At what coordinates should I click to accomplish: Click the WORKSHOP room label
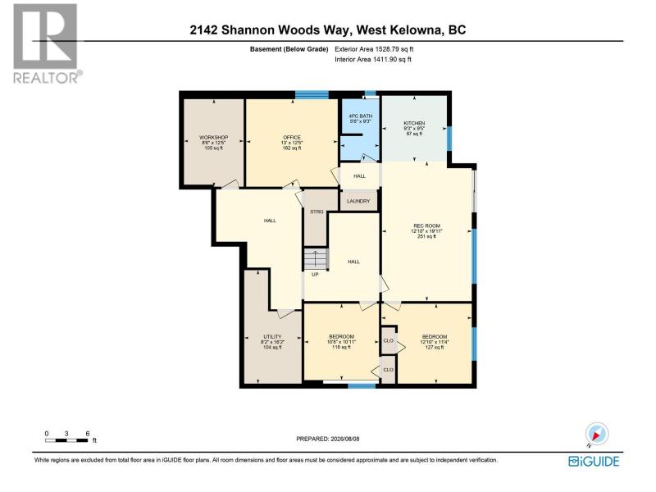pyautogui.click(x=213, y=137)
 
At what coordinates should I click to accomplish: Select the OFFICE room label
pyautogui.click(x=292, y=137)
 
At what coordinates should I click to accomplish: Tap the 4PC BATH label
pyautogui.click(x=360, y=116)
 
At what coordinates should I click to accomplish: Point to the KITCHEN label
pyautogui.click(x=414, y=123)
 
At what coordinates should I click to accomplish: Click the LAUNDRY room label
pyautogui.click(x=358, y=201)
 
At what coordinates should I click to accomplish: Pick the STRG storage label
pyautogui.click(x=317, y=212)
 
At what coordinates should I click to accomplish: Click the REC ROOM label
pyautogui.click(x=426, y=226)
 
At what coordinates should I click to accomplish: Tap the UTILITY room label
pyautogui.click(x=272, y=337)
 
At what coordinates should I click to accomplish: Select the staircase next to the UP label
pyautogui.click(x=316, y=259)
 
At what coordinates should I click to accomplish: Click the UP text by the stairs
pyautogui.click(x=315, y=275)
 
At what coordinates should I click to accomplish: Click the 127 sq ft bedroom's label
pyautogui.click(x=435, y=337)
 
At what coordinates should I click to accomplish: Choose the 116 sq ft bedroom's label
pyautogui.click(x=341, y=337)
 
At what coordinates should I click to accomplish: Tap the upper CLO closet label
pyautogui.click(x=388, y=341)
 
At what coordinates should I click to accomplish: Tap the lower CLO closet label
pyautogui.click(x=388, y=370)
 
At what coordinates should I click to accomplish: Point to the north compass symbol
pyautogui.click(x=597, y=435)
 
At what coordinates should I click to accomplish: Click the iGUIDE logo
pyautogui.click(x=594, y=462)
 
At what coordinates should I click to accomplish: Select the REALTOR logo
pyautogui.click(x=46, y=43)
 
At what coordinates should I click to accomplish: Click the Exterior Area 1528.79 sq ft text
pyautogui.click(x=374, y=49)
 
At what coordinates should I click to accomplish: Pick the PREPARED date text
pyautogui.click(x=327, y=439)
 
